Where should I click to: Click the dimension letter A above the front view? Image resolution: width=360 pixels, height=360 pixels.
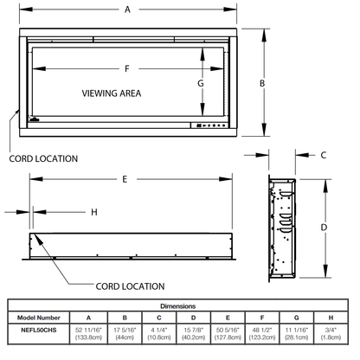127,10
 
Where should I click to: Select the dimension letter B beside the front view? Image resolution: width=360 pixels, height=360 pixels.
262,83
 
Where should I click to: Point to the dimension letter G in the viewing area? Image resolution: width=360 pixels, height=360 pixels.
199,83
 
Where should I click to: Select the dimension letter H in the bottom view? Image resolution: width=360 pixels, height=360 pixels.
93,212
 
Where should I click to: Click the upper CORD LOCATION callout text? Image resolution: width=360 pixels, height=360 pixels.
42,158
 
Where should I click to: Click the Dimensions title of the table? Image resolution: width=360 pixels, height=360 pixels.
180,306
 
